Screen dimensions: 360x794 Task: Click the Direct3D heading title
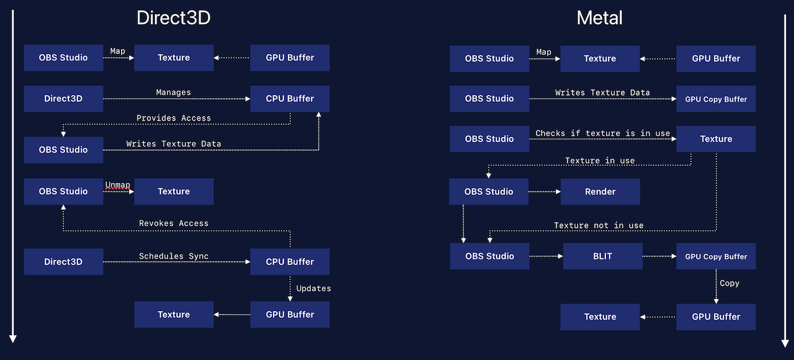173,18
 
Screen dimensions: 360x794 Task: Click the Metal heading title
599,18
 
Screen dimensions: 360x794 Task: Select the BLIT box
602,256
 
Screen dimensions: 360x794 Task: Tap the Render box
600,192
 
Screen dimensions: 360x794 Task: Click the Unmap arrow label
118,185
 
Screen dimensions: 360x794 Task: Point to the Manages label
173,92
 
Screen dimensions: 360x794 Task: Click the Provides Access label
173,118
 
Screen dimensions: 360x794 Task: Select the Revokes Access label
173,223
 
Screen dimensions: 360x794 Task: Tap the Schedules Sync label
173,256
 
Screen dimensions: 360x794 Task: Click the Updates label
313,288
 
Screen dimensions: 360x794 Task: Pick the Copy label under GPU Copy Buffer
729,282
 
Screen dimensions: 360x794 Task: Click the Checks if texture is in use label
602,133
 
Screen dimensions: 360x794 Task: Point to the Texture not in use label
599,225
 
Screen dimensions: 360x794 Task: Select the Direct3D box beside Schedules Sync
63,261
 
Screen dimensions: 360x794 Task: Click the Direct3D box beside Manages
63,99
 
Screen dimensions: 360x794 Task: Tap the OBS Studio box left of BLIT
489,256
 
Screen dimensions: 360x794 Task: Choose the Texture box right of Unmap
174,191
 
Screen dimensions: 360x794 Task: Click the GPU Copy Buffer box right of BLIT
716,256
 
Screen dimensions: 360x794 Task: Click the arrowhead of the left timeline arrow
12,338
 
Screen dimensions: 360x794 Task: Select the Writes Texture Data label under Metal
602,92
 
